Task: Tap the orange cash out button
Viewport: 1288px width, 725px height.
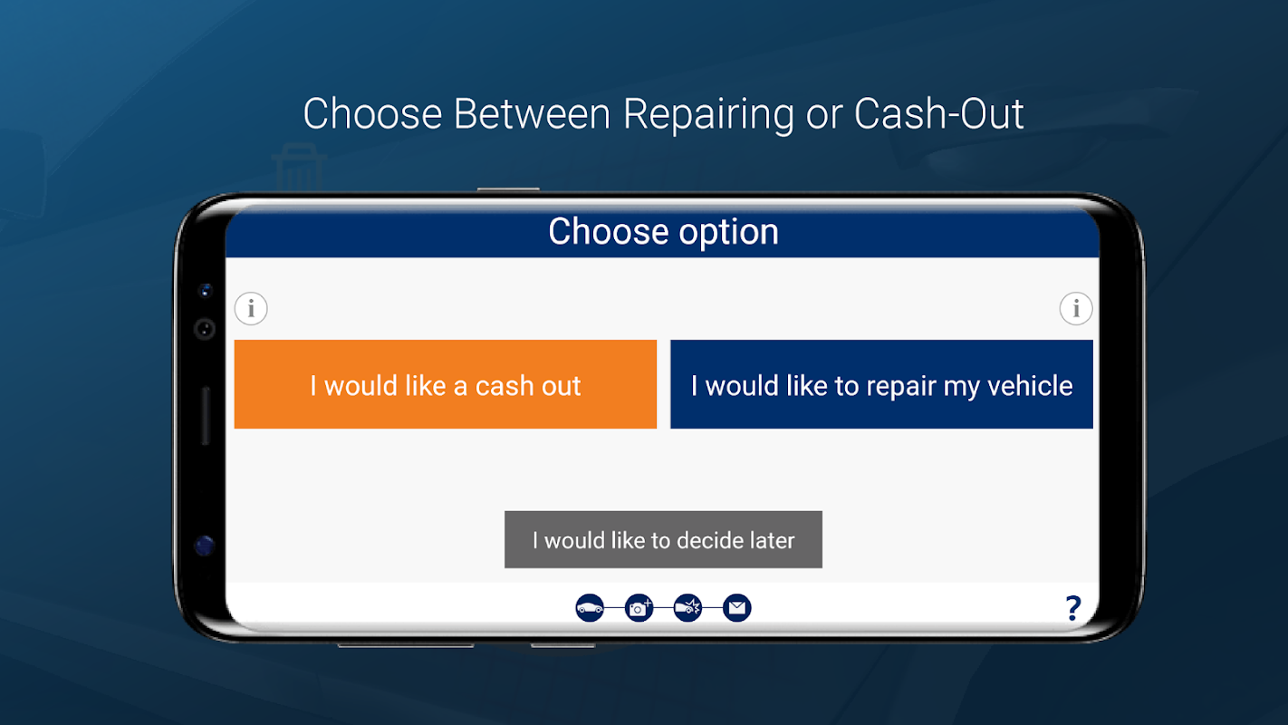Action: click(x=445, y=384)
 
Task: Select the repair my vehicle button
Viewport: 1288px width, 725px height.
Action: click(x=881, y=384)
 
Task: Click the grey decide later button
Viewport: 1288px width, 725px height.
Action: click(x=664, y=540)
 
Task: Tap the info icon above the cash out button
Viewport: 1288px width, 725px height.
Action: click(x=251, y=309)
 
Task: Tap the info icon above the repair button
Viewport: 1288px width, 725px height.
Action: click(x=1076, y=309)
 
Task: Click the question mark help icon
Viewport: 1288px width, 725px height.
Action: click(x=1073, y=608)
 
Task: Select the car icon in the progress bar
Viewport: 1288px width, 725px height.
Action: click(x=590, y=607)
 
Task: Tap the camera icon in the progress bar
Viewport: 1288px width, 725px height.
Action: click(x=639, y=607)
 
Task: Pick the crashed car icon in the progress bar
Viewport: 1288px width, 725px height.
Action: click(x=687, y=607)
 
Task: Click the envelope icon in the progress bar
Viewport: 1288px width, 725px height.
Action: click(x=736, y=607)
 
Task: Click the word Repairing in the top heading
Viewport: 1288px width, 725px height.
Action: click(x=709, y=114)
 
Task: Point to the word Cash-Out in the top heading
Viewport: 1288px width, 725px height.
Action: click(x=939, y=113)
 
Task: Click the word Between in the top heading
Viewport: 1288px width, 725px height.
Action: click(x=532, y=113)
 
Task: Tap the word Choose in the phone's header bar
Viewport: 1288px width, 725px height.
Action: click(x=609, y=231)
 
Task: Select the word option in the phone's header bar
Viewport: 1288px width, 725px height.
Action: click(x=728, y=233)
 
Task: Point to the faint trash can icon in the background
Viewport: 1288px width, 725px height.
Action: click(x=299, y=167)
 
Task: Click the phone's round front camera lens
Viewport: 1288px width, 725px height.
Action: click(x=205, y=329)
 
